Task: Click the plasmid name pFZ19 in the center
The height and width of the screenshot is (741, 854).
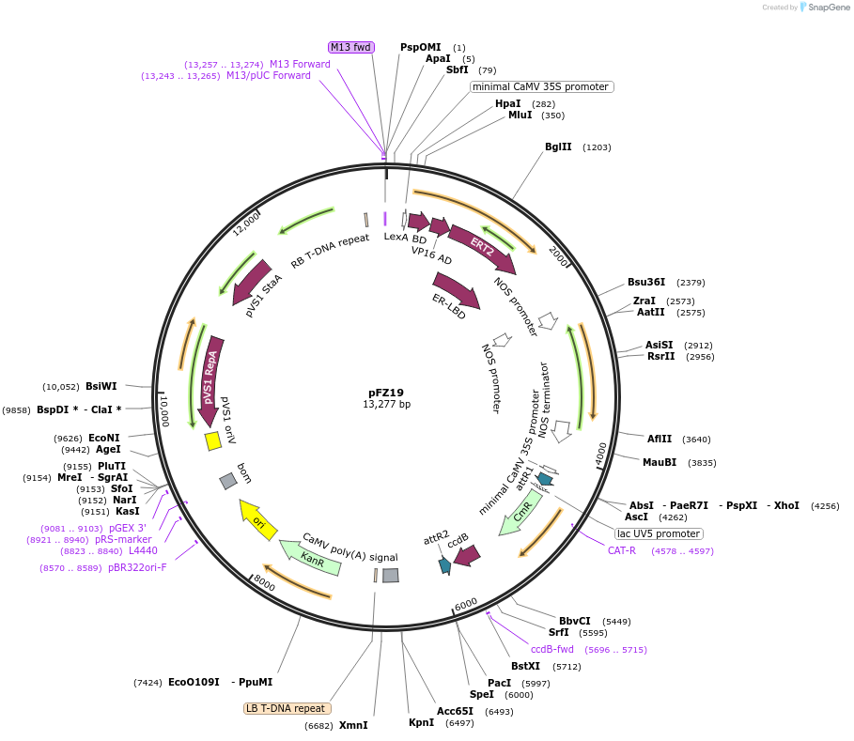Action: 386,393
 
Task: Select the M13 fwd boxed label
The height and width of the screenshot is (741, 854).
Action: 350,47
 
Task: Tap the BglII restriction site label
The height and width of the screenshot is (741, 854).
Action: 558,147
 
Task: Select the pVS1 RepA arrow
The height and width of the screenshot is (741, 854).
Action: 210,377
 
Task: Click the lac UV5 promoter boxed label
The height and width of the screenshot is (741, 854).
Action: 660,533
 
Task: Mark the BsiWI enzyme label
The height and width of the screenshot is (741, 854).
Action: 101,386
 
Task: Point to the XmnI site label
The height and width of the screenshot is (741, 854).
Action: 353,725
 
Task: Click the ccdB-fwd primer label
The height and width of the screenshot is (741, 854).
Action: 552,649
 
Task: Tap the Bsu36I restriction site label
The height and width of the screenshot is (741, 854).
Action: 646,282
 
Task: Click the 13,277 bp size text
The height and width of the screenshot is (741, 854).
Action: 386,405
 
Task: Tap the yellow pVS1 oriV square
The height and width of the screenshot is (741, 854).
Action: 212,440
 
